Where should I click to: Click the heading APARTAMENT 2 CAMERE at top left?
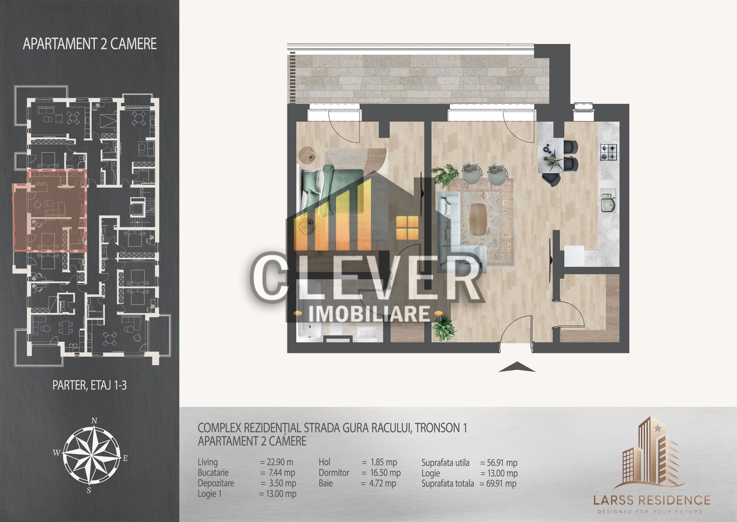point(90,43)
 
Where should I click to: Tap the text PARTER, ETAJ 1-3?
point(89,385)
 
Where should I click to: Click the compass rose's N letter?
point(95,420)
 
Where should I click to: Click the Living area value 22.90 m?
point(276,462)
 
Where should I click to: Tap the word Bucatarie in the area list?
point(213,473)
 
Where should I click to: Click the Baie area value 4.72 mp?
point(379,483)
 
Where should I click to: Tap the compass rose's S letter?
point(89,490)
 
